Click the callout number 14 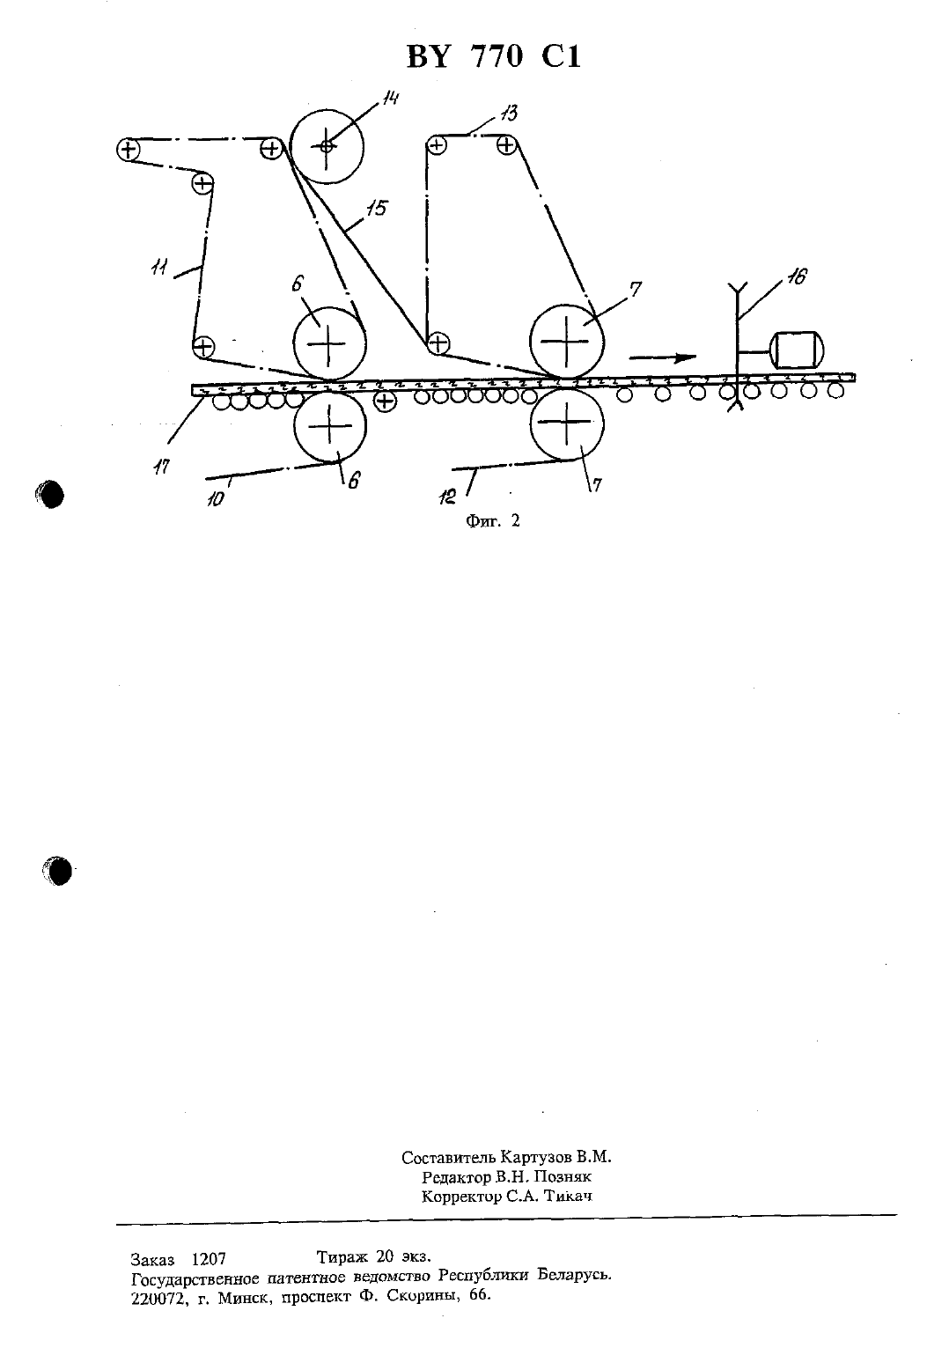391,98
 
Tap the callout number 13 509,114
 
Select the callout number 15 378,208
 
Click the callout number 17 161,468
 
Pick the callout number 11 159,268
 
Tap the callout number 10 215,499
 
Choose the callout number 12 447,497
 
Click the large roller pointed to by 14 327,147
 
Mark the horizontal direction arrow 663,357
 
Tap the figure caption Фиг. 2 493,520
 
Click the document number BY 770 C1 494,57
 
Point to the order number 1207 209,1258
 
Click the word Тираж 342,1256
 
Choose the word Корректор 461,1197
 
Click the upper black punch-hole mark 50,495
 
